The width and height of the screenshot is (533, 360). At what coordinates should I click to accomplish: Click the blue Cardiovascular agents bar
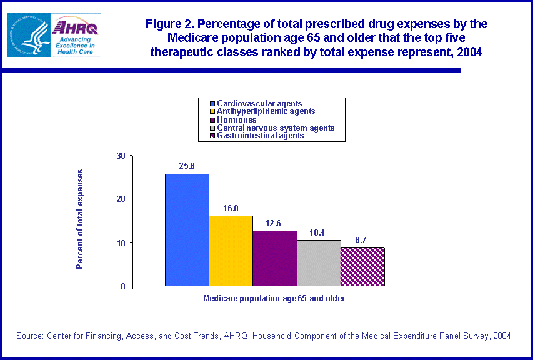[187, 230]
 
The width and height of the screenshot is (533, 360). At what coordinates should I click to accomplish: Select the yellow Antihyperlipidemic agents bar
[231, 251]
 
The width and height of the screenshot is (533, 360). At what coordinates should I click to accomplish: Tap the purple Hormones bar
[274, 258]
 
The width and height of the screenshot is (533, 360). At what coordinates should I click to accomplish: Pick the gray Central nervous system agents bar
[318, 263]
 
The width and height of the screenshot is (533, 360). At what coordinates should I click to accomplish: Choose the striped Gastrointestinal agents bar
[362, 267]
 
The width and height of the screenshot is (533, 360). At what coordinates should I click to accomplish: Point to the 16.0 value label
[231, 208]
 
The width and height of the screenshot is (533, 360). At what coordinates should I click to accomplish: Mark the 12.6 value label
[274, 223]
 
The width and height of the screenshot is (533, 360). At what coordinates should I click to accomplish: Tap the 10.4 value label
[318, 232]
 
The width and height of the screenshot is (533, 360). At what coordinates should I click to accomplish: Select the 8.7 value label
[362, 240]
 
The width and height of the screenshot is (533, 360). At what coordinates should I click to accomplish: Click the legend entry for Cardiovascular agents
[259, 103]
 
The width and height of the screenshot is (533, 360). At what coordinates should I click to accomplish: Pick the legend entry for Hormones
[236, 119]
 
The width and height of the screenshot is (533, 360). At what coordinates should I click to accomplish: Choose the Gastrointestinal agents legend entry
[260, 135]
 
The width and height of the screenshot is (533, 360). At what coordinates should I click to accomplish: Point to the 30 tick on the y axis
[121, 156]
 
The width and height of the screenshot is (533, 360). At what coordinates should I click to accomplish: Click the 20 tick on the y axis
[121, 199]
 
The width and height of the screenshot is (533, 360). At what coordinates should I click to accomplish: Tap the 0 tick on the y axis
[123, 286]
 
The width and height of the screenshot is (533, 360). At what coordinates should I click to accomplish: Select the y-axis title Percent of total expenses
[80, 219]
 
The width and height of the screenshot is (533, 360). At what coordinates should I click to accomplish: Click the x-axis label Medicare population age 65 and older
[274, 299]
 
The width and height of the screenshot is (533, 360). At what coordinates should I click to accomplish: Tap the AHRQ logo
[76, 35]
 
